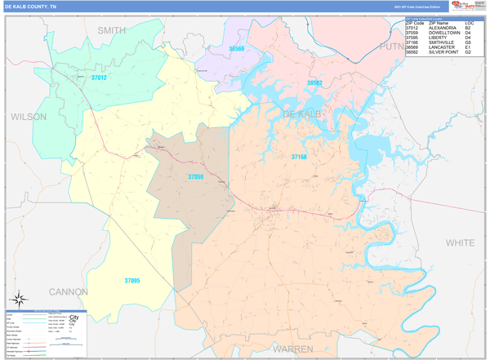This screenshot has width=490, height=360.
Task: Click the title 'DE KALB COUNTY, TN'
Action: (x=31, y=6)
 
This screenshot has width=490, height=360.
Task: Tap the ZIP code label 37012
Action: (x=99, y=78)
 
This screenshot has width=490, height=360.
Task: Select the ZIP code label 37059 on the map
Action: (x=196, y=176)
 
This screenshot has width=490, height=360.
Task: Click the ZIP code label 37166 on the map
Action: (x=299, y=156)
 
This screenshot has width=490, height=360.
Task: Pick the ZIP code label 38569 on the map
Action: (x=237, y=49)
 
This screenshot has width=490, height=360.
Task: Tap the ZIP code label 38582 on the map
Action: (x=314, y=83)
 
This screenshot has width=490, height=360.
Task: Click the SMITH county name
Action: (x=112, y=30)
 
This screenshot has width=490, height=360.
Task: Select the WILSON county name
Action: (x=29, y=117)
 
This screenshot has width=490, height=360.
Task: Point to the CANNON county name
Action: (x=69, y=291)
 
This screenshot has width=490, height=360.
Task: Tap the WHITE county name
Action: (x=460, y=242)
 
